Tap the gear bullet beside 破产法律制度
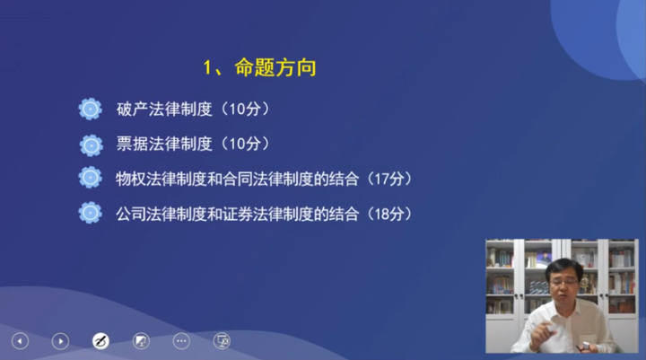tap(90, 110)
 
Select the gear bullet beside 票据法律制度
tap(90, 144)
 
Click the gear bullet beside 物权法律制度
tap(90, 178)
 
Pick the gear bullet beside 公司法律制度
tap(90, 213)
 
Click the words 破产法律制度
tap(163, 110)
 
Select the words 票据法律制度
tap(163, 144)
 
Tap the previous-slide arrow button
tap(20, 341)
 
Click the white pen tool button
tap(100, 341)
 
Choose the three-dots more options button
tap(181, 341)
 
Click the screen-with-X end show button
tap(222, 341)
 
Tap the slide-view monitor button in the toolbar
tap(141, 341)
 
